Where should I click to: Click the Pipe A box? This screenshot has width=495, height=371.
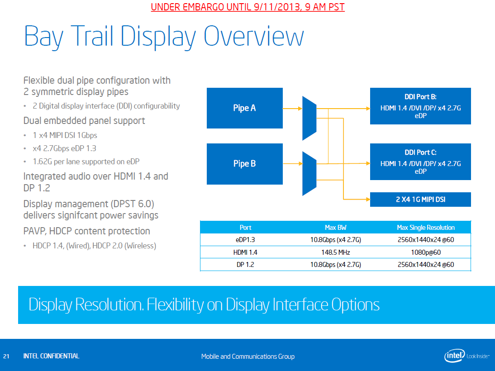pos(245,108)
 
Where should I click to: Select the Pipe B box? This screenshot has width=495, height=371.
pos(245,164)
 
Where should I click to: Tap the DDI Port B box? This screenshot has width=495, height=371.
pos(420,106)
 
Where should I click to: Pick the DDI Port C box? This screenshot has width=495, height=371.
pos(420,162)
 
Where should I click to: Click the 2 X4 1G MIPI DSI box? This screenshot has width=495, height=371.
pos(420,200)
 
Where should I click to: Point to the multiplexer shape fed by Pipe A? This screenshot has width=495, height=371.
pos(309,118)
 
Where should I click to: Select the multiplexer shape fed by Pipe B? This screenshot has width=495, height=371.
pos(309,174)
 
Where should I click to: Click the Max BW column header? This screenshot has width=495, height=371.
pos(336,227)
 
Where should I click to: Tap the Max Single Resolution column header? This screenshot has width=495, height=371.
pos(426,227)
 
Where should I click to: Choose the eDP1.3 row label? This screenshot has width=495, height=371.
pos(245,240)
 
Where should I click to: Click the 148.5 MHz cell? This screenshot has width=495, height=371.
pos(336,252)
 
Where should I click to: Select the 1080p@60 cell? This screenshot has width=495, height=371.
pos(426,252)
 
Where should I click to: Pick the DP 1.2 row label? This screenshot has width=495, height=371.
pos(245,265)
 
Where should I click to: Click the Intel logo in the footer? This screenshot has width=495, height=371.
pos(455,356)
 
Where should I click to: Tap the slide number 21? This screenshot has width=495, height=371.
pos(6,356)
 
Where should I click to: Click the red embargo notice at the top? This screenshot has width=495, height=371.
pos(248,7)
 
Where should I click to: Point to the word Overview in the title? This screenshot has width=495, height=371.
pos(254,36)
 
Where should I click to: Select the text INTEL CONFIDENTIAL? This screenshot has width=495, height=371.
pos(51,356)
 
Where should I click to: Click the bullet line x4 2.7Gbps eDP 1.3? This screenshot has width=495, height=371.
pos(64,148)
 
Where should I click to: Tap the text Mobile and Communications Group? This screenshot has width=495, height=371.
pos(248,357)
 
